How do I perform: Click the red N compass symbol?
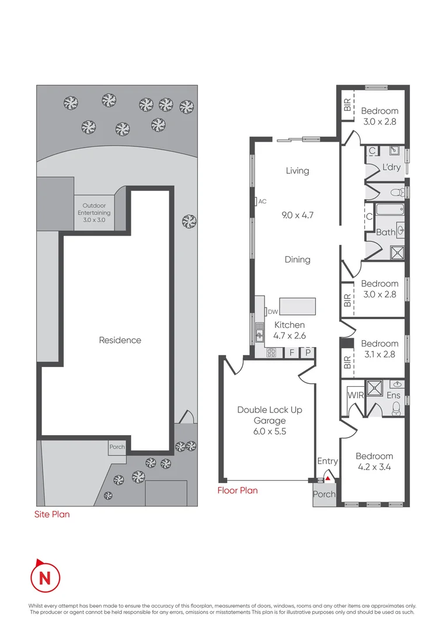click(x=45, y=577)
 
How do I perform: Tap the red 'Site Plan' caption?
click(x=53, y=514)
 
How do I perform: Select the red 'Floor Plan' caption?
click(x=237, y=491)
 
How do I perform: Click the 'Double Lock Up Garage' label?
click(x=269, y=420)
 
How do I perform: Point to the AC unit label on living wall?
click(x=262, y=201)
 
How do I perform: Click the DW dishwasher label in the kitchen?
click(x=272, y=311)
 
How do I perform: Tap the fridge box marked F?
click(x=291, y=352)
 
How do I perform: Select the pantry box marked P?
click(x=308, y=352)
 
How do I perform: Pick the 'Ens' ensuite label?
click(x=393, y=395)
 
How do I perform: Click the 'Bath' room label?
click(x=385, y=232)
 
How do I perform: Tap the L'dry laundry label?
click(x=391, y=167)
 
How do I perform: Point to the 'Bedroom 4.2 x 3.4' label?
click(x=374, y=461)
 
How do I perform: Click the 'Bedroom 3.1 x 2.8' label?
click(x=379, y=349)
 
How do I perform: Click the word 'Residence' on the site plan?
click(x=120, y=340)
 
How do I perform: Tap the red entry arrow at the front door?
click(x=328, y=478)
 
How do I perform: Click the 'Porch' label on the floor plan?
click(x=324, y=494)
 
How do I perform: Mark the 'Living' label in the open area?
click(x=297, y=171)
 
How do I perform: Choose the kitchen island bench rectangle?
click(x=298, y=307)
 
